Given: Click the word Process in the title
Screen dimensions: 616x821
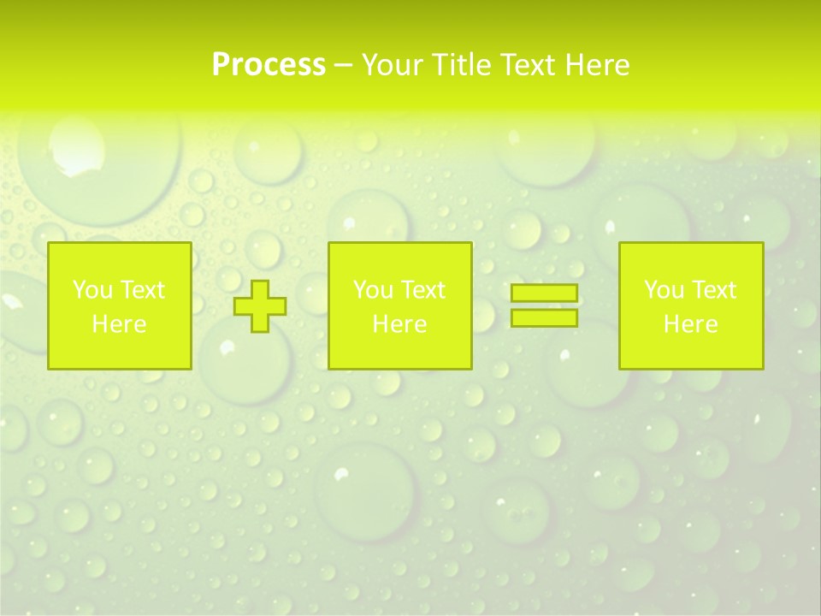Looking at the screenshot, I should [269, 65].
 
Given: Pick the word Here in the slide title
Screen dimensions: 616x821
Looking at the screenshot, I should [598, 65].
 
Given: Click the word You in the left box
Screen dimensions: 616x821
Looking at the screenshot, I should [92, 290].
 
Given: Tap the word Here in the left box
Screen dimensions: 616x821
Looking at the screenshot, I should [119, 324].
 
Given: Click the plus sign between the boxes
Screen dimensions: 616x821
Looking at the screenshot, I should [260, 305].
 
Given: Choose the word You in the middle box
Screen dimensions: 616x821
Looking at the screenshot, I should [373, 290].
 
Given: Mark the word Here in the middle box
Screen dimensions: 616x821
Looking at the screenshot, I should [399, 324].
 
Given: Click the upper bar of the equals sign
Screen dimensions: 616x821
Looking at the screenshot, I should [544, 293].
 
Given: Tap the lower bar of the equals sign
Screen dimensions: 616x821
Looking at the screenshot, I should [544, 318].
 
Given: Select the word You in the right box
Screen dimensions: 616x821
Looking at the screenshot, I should [664, 290].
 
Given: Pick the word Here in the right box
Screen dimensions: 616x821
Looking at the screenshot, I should [690, 324].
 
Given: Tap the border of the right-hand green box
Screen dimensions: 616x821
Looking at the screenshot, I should [763, 305].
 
